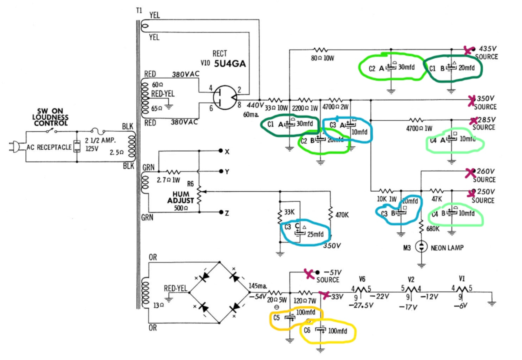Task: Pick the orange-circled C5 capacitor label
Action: [x=276, y=316]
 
